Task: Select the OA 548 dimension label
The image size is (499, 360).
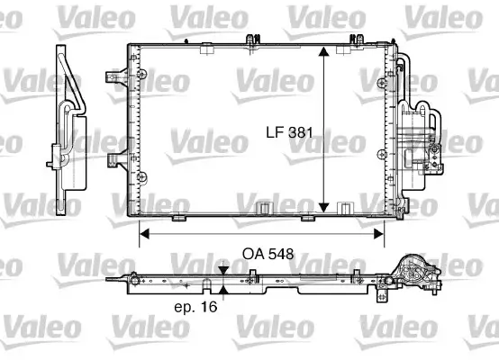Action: [x=267, y=255]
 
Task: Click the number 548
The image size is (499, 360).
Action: [x=279, y=255]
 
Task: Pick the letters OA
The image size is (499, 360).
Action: [x=251, y=255]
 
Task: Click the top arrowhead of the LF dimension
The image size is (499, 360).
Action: [x=322, y=52]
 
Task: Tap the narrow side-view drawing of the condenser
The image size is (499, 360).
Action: [x=68, y=121]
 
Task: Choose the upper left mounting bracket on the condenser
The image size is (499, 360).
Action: [x=114, y=74]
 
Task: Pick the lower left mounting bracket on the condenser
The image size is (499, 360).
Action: [x=114, y=161]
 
